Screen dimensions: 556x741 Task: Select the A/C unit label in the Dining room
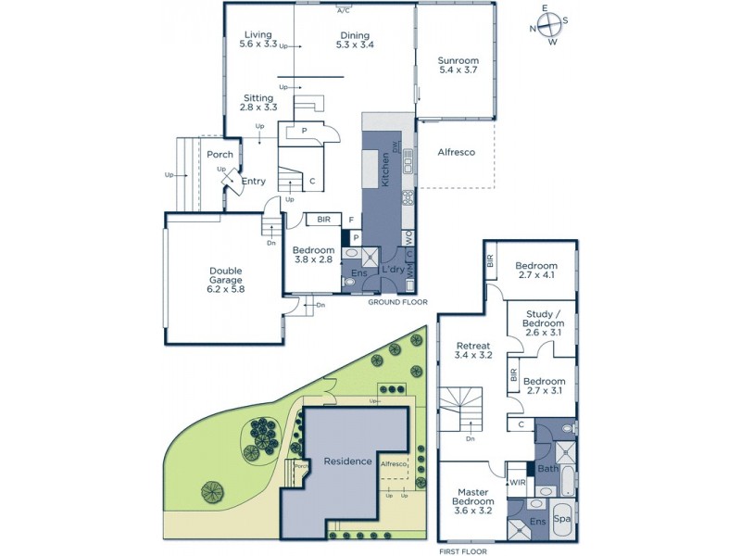[344, 11]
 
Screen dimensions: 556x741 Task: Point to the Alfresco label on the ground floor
[456, 152]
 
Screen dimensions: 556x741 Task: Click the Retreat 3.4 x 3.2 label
[472, 350]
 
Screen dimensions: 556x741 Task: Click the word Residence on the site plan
[348, 461]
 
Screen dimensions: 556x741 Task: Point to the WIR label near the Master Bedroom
[516, 483]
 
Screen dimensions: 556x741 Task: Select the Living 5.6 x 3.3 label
[258, 40]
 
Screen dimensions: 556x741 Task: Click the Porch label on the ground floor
[220, 155]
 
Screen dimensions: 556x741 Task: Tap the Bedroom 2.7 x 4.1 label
[537, 271]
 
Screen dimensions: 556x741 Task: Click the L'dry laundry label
[392, 269]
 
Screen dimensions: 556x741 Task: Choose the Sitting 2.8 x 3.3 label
[258, 102]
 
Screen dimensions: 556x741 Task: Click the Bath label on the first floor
[546, 469]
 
